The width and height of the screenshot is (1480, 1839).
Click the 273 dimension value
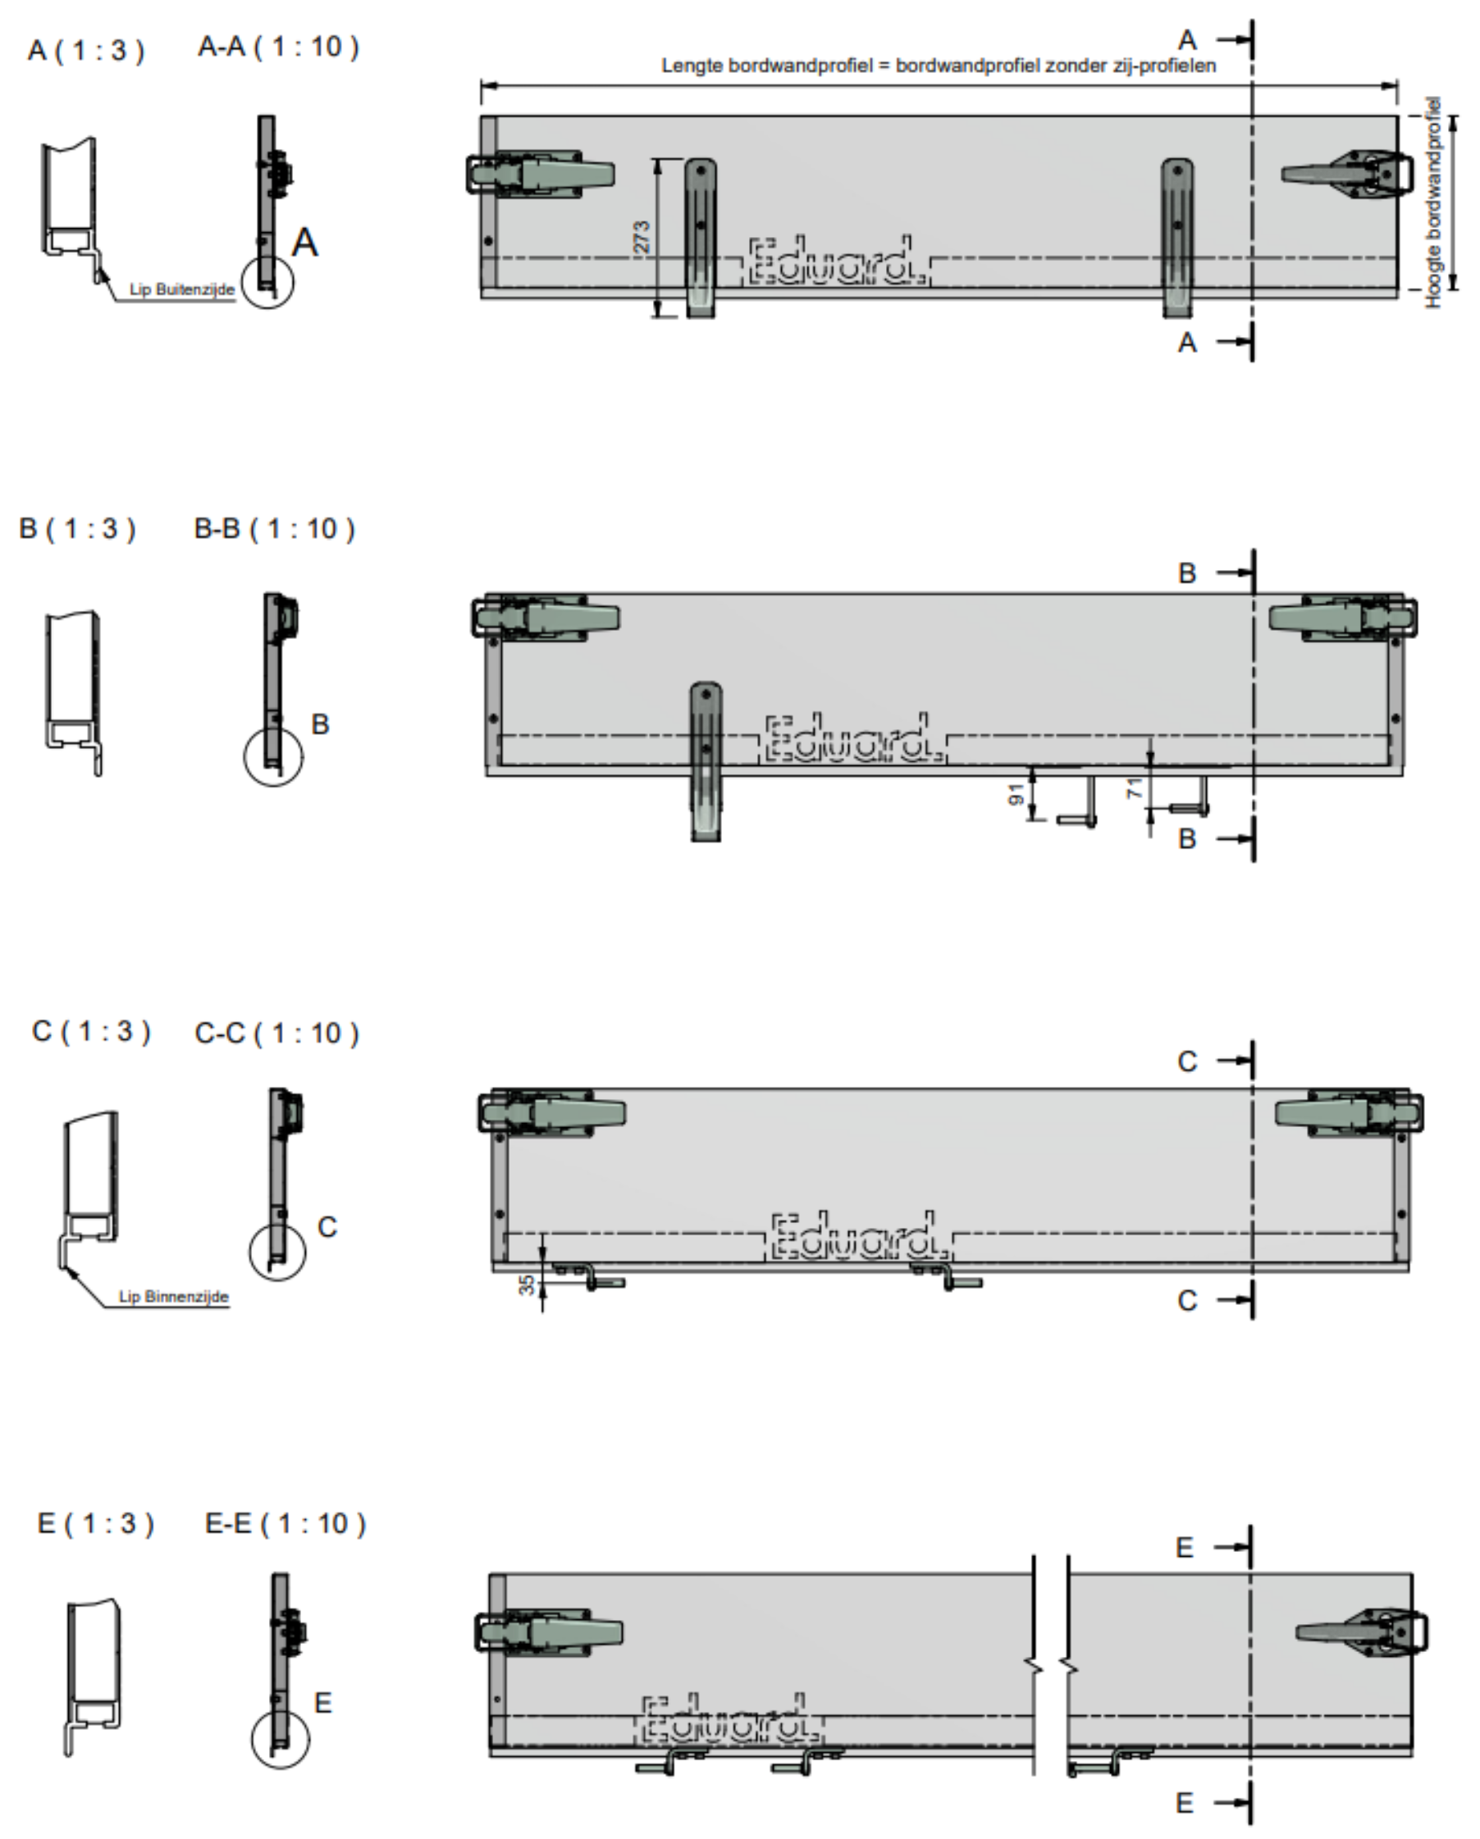point(642,237)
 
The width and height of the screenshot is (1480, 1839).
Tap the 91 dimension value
point(1016,795)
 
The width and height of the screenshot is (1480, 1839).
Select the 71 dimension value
point(1135,789)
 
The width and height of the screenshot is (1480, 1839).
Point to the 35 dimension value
point(528,1283)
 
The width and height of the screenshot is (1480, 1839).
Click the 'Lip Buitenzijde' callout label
point(181,290)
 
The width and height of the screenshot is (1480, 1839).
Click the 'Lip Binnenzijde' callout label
point(174,1297)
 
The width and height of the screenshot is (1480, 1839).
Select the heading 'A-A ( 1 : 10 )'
point(278,47)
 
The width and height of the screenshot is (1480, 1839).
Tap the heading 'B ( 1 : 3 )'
point(77,529)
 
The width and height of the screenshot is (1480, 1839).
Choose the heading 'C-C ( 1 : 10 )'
point(276,1034)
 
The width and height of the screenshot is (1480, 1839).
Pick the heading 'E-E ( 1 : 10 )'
point(285,1523)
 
